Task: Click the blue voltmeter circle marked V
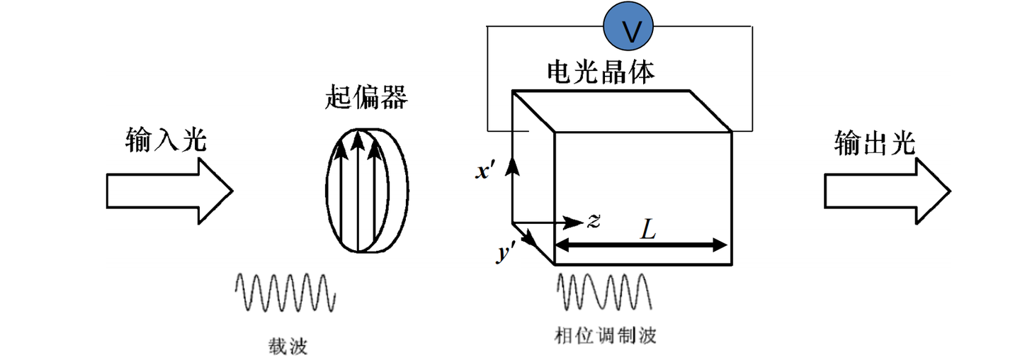click(x=628, y=26)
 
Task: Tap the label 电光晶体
click(x=601, y=72)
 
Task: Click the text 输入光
click(x=166, y=140)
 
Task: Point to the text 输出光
click(x=875, y=143)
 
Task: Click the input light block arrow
click(x=169, y=191)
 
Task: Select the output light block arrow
click(x=888, y=191)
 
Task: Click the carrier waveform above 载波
click(x=285, y=293)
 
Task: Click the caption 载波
click(x=288, y=347)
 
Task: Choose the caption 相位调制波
click(x=605, y=336)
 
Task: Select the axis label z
click(x=594, y=220)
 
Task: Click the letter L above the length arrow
click(x=648, y=229)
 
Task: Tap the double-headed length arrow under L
click(x=640, y=246)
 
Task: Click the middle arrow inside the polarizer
click(x=358, y=191)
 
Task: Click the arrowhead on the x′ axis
click(x=513, y=164)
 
